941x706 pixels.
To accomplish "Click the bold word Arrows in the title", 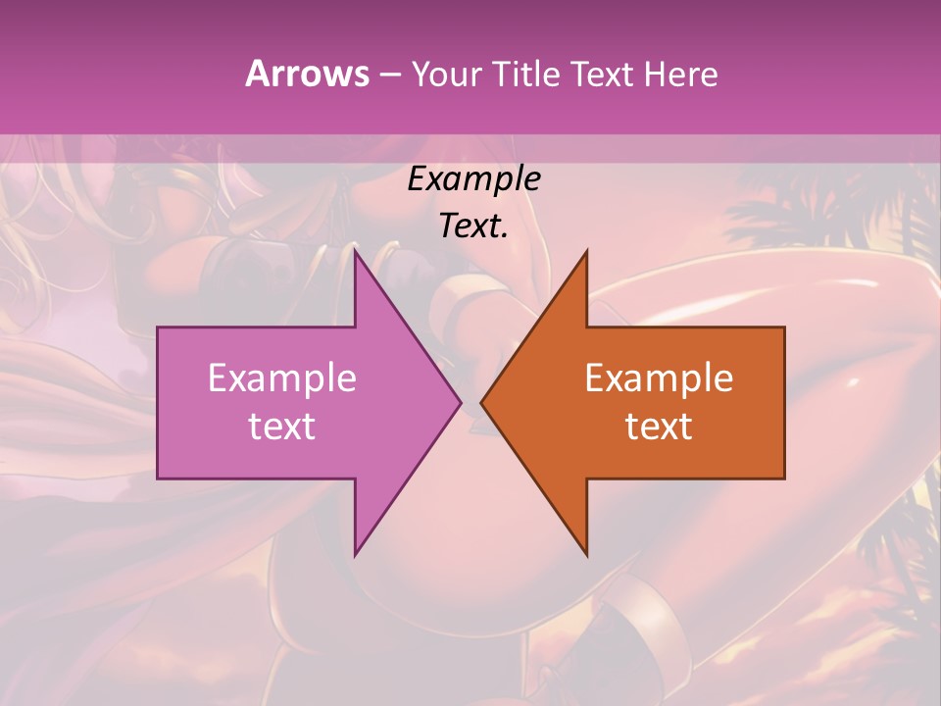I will coord(307,75).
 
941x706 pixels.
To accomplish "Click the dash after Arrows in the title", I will coord(389,76).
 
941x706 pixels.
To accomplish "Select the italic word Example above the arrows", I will coord(473,179).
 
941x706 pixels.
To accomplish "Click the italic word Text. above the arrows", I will coord(473,227).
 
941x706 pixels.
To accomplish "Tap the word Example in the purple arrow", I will coord(282,378).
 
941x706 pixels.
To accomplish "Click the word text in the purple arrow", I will coord(282,427).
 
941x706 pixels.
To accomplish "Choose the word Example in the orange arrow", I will coord(659,378).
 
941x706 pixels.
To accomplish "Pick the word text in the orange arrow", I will coord(659,427).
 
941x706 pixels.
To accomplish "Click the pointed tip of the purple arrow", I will coord(461,402).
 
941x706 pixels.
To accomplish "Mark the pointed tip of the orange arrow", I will coord(481,402).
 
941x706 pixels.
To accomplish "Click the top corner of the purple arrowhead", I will coord(355,250).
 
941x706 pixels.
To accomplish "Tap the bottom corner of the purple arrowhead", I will coord(355,555).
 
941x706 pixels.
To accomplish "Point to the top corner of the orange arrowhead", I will coord(587,250).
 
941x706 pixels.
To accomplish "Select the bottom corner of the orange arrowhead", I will coord(587,555).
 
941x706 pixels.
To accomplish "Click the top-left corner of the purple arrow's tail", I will coord(158,328).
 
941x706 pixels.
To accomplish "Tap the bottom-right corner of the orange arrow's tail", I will coord(784,478).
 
